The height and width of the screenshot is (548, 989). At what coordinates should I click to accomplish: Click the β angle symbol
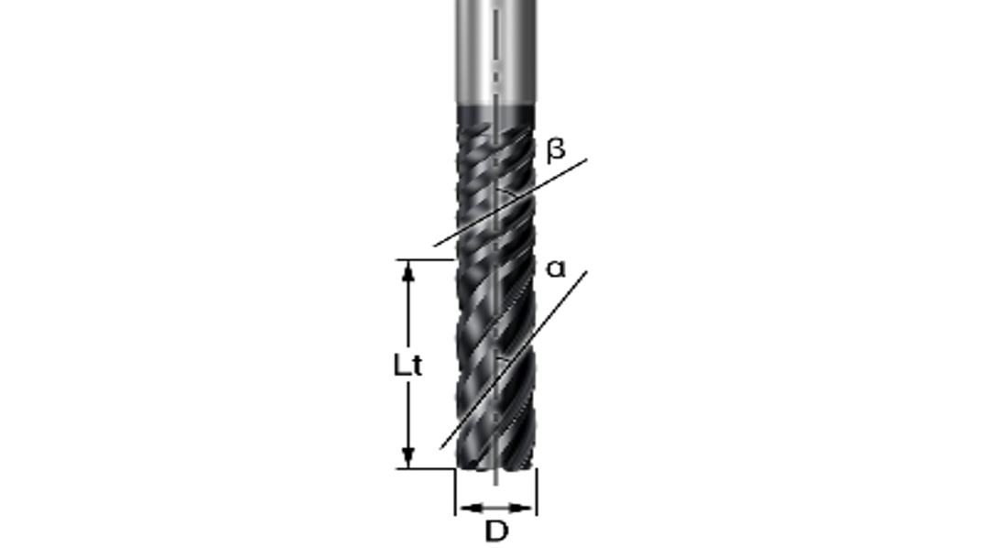[x=556, y=150]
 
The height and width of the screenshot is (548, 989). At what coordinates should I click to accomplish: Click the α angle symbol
[x=556, y=269]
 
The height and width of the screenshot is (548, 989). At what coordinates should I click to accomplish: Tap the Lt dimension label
[x=407, y=366]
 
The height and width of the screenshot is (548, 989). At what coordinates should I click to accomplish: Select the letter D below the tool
[x=496, y=531]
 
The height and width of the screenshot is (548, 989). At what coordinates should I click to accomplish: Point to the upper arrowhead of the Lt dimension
[x=408, y=271]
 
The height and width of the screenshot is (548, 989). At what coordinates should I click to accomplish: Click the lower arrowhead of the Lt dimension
[x=408, y=456]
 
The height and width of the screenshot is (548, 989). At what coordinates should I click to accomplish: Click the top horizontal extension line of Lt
[x=426, y=259]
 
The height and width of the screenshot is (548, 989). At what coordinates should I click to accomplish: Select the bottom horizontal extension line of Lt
[x=426, y=469]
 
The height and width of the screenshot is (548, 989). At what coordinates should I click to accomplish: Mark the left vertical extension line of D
[x=455, y=492]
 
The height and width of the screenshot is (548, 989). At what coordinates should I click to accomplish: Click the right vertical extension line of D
[x=537, y=492]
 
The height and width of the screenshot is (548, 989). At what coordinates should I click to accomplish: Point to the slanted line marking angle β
[x=510, y=203]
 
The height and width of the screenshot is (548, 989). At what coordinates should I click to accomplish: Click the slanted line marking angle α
[x=514, y=360]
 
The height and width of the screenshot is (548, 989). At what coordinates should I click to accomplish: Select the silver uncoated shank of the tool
[x=496, y=51]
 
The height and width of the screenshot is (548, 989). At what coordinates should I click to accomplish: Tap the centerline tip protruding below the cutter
[x=496, y=477]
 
